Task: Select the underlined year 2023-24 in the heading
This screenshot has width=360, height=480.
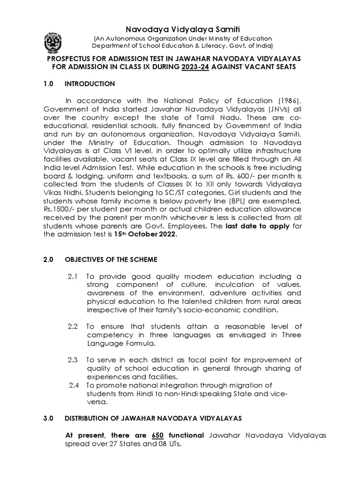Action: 196,67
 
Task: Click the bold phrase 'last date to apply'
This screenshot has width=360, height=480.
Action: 264,227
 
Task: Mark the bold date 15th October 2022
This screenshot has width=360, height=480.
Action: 146,236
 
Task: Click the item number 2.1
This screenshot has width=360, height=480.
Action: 74,277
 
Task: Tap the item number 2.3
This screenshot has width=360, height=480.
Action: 74,360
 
